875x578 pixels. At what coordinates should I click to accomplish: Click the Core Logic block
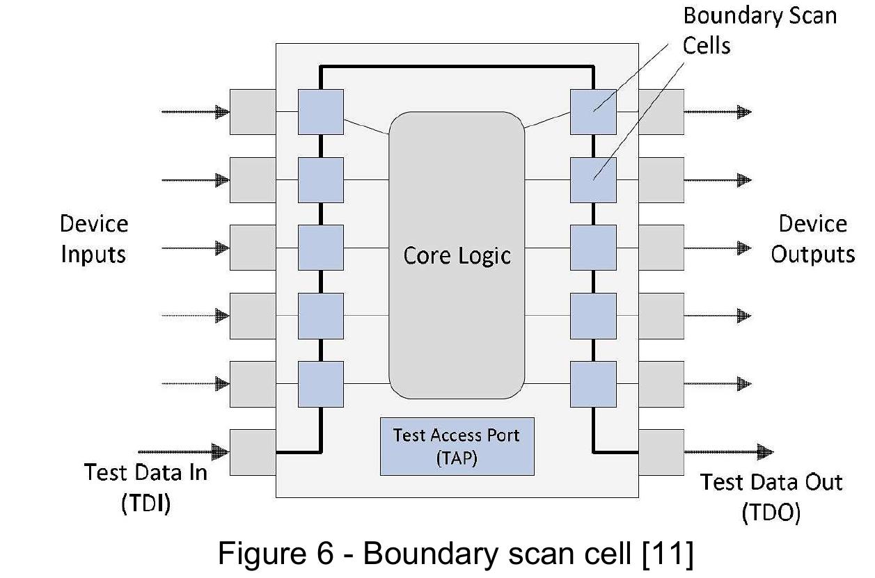(x=457, y=255)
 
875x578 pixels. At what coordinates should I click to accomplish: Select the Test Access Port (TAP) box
(x=457, y=446)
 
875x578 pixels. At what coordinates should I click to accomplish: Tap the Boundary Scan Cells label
(x=759, y=30)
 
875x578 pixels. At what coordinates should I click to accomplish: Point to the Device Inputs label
(x=94, y=239)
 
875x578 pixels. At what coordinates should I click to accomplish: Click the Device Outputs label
(x=812, y=239)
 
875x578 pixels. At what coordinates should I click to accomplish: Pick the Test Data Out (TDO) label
(x=771, y=497)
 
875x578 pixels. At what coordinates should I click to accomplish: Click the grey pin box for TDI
(x=252, y=452)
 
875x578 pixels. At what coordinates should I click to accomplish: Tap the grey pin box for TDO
(x=661, y=452)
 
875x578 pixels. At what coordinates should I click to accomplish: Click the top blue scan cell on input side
(x=320, y=111)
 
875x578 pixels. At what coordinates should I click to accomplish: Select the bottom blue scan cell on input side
(x=320, y=384)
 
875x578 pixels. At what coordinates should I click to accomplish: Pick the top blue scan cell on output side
(x=592, y=111)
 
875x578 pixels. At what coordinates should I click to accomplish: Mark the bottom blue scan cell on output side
(x=592, y=384)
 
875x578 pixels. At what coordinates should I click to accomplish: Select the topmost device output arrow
(x=717, y=111)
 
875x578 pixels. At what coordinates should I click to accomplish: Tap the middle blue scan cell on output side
(x=592, y=248)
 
